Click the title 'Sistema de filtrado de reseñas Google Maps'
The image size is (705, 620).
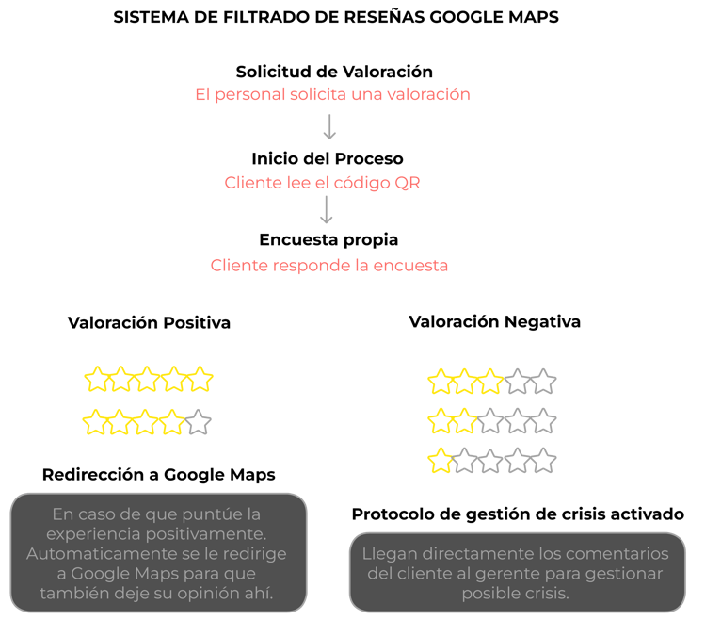pos(335,18)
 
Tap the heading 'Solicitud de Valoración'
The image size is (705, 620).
pos(334,72)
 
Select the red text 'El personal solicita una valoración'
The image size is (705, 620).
pos(332,94)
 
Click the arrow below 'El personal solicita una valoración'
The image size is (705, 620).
pos(329,127)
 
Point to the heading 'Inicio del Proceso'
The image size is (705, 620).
pos(328,158)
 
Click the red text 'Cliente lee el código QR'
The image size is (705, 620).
pos(322,182)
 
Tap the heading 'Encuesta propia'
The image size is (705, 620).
pos(328,240)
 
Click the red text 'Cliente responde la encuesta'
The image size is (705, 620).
pos(329,265)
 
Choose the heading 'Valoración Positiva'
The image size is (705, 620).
pos(149,322)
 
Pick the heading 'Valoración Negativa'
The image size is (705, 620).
pos(494,321)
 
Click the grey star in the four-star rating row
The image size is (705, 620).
pos(198,423)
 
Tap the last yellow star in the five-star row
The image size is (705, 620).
pos(200,380)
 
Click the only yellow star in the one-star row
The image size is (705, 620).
pos(440,462)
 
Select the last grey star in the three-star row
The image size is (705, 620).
pos(543,382)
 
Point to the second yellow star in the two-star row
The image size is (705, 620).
pos(465,421)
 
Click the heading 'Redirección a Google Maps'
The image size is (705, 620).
pos(158,474)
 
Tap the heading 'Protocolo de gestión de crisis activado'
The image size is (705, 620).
pos(518,514)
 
